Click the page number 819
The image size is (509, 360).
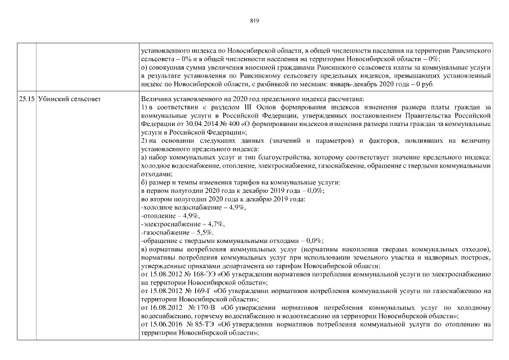[254, 21]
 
